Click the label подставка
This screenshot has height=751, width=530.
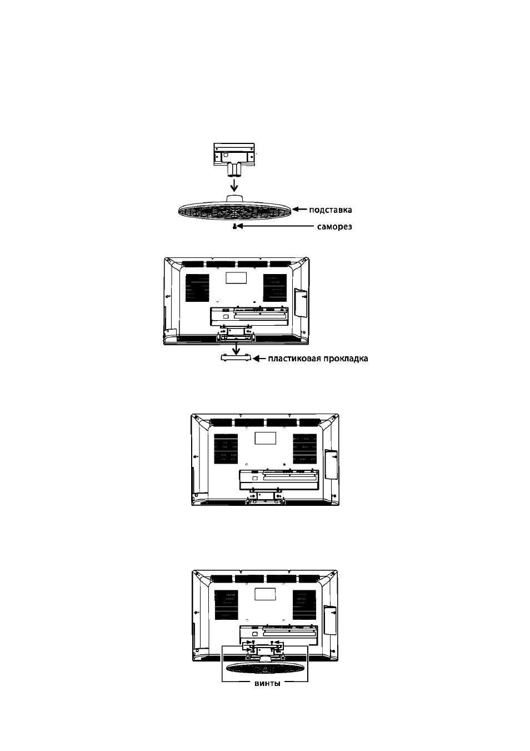click(x=330, y=210)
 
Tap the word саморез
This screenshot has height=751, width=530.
click(x=334, y=227)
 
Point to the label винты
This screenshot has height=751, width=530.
click(x=267, y=684)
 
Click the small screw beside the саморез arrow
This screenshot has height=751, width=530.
click(x=234, y=227)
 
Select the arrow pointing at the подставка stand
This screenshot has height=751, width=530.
click(x=299, y=210)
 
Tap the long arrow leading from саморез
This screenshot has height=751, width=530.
click(x=274, y=226)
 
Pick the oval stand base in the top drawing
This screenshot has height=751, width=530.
click(x=235, y=210)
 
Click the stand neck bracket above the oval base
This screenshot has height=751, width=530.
click(x=234, y=160)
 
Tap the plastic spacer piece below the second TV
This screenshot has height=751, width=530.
click(x=236, y=358)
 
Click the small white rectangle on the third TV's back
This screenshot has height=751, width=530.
click(x=266, y=438)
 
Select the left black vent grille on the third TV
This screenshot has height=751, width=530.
click(x=226, y=449)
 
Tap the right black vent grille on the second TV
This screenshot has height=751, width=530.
click(x=274, y=287)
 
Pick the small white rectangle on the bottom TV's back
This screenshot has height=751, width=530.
click(x=265, y=594)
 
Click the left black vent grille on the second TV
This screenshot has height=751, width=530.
click(x=197, y=287)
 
